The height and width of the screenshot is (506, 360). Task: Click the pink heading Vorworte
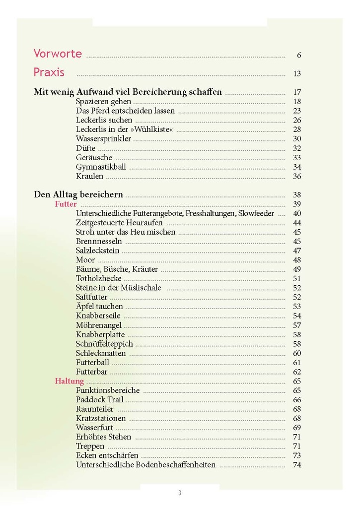pyautogui.click(x=58, y=54)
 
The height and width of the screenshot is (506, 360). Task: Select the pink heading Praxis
pyautogui.click(x=49, y=72)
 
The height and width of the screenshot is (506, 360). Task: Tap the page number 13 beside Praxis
pyautogui.click(x=297, y=74)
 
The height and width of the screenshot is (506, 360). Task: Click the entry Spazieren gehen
pyautogui.click(x=103, y=101)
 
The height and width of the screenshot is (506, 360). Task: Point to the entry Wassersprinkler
pyautogui.click(x=103, y=139)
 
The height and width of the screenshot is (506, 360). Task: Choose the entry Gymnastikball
pyautogui.click(x=101, y=167)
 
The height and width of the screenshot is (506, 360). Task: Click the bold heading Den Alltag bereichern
pyautogui.click(x=78, y=194)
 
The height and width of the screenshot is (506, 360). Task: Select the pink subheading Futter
pyautogui.click(x=66, y=204)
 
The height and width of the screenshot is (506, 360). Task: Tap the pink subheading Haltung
pyautogui.click(x=69, y=381)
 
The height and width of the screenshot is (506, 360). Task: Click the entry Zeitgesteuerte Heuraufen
pyautogui.click(x=119, y=223)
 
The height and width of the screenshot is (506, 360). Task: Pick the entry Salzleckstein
pyautogui.click(x=97, y=251)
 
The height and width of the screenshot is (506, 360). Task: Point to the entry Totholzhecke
pyautogui.click(x=98, y=279)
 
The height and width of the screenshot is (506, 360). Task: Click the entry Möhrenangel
pyautogui.click(x=99, y=325)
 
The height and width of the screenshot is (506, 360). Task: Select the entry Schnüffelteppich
pyautogui.click(x=104, y=344)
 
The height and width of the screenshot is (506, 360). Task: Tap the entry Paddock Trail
pyautogui.click(x=99, y=400)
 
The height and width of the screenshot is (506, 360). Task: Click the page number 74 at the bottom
pyautogui.click(x=297, y=465)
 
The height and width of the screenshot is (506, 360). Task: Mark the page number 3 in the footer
pyautogui.click(x=180, y=493)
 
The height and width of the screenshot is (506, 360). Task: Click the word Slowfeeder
pyautogui.click(x=255, y=213)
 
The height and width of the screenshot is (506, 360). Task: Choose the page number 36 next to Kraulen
pyautogui.click(x=297, y=177)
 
